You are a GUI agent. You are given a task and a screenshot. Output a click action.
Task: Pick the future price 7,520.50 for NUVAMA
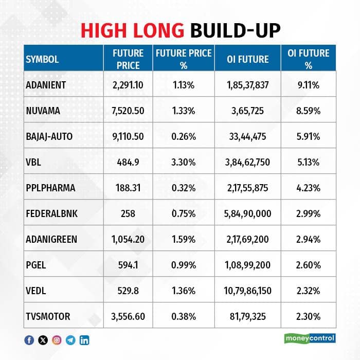[128, 111]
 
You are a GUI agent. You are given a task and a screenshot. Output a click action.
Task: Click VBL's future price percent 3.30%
[184, 162]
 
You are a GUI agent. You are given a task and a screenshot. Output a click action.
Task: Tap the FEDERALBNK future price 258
[128, 213]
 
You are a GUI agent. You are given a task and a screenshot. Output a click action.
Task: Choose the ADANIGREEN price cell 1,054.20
[128, 239]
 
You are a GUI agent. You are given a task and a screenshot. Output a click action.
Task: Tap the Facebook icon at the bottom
[29, 339]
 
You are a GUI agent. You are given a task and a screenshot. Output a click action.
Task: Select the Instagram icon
[57, 339]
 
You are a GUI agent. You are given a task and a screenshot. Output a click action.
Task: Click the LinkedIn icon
[84, 339]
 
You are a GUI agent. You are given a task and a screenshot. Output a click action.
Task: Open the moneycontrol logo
[310, 338]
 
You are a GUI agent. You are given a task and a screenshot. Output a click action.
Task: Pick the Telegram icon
[70, 339]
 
